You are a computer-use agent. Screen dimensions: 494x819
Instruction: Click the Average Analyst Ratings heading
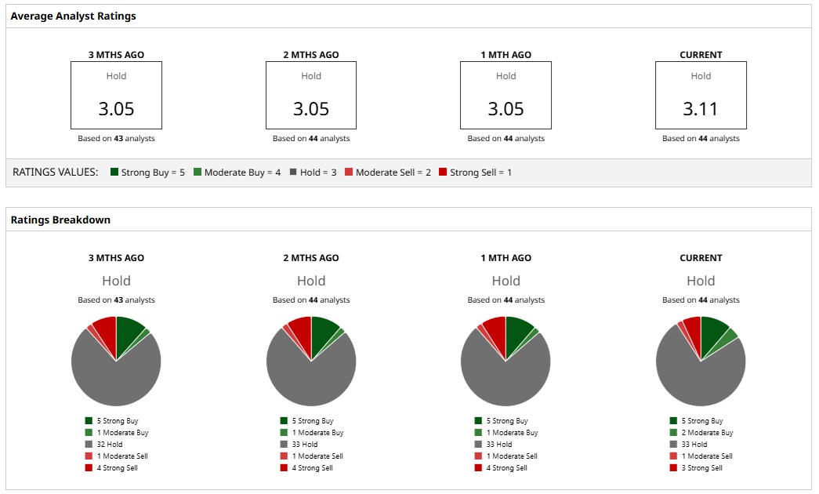73,16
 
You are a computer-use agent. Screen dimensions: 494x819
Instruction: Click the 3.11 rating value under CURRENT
701,109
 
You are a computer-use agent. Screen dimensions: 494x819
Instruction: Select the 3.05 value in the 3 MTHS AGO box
116,109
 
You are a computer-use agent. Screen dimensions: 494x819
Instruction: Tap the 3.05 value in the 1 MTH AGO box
506,109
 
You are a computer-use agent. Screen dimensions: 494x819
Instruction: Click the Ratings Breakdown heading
60,220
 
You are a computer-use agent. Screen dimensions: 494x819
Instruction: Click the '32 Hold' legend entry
110,445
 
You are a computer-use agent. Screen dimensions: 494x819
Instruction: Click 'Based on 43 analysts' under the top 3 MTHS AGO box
116,139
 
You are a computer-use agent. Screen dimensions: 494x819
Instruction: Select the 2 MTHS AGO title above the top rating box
311,55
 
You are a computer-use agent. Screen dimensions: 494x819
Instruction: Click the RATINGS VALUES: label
56,173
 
